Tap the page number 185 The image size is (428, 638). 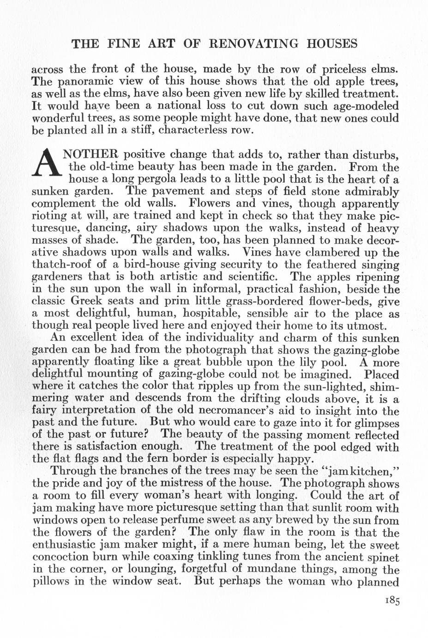point(391,601)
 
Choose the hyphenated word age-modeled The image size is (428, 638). point(364,105)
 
